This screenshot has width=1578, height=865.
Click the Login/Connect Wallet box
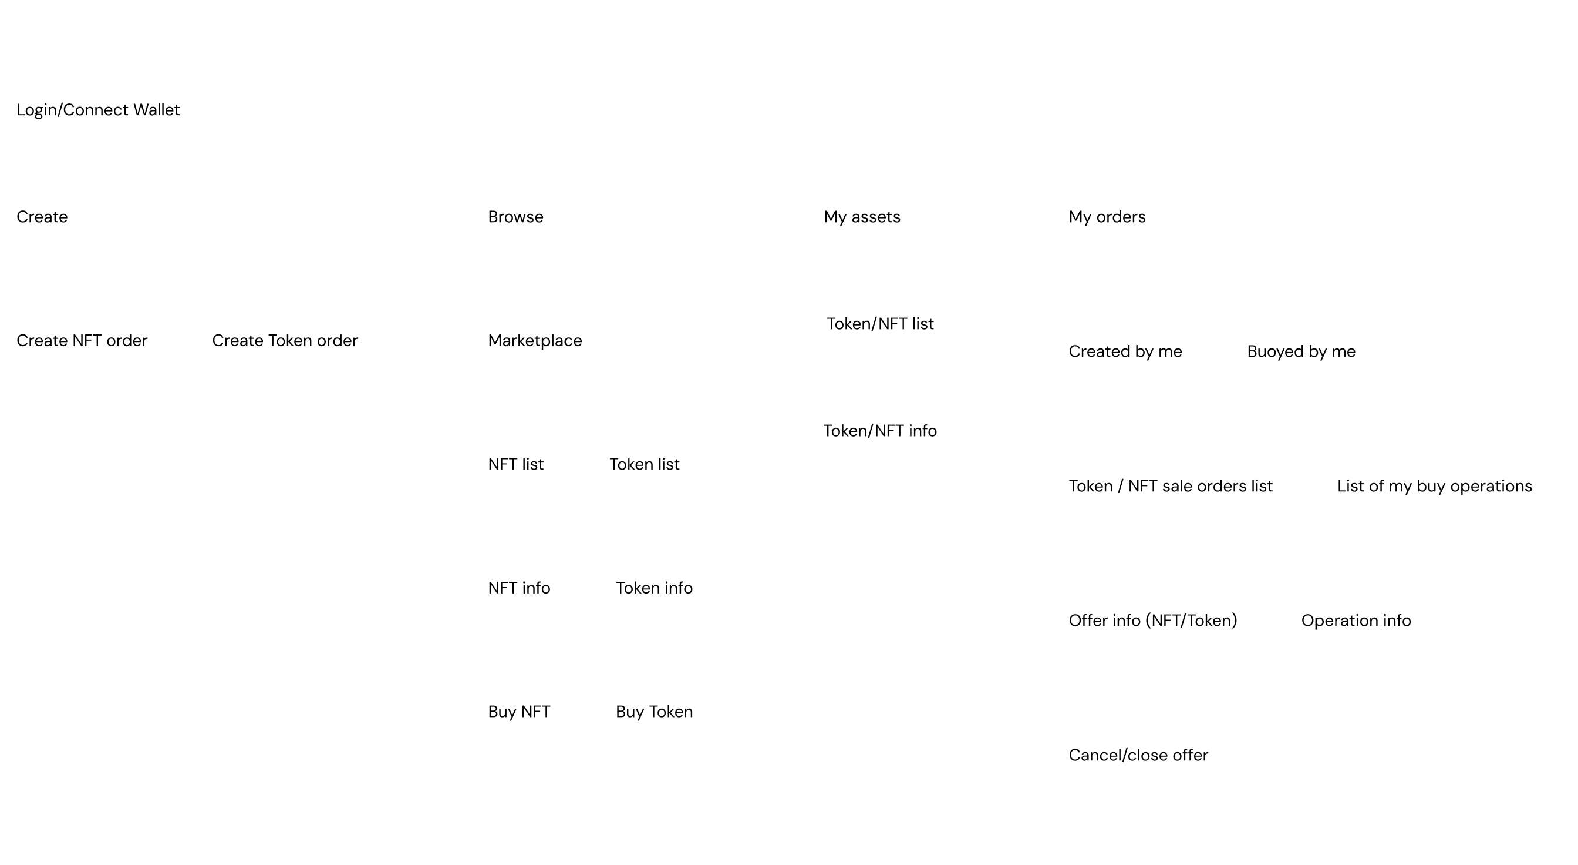98,110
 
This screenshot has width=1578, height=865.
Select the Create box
42,217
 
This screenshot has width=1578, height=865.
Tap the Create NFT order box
82,341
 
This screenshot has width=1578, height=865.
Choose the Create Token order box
285,341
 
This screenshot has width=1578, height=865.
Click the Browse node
516,217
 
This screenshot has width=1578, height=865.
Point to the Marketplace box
535,341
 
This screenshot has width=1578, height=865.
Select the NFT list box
516,465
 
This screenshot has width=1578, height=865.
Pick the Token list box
645,465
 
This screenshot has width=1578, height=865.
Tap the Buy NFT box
519,712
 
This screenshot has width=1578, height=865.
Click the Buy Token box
654,712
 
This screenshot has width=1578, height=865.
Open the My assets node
862,217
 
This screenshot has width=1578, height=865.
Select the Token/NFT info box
880,431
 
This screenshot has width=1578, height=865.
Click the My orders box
1107,217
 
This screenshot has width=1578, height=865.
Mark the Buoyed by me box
1301,352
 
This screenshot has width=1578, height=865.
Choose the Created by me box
1125,352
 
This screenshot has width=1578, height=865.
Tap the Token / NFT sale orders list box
1171,487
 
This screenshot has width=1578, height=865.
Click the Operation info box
1356,621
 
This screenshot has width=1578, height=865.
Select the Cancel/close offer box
1138,756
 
